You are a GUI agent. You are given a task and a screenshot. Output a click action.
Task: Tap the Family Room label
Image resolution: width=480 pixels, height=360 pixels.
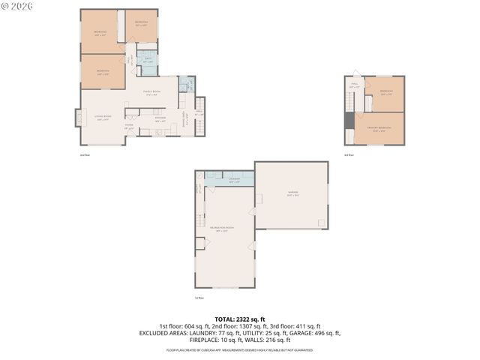[151, 94]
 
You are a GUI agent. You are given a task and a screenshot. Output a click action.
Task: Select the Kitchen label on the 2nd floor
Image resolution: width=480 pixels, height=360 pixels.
[160, 120]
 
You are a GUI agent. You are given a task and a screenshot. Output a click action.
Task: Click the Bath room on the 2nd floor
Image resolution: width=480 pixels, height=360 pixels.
[148, 62]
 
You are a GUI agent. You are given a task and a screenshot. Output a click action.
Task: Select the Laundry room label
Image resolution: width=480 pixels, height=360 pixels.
[234, 179]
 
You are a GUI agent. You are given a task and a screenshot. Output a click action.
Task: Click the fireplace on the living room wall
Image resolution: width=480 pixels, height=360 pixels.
[77, 118]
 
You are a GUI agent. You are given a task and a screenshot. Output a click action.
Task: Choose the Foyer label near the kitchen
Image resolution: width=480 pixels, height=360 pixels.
[129, 127]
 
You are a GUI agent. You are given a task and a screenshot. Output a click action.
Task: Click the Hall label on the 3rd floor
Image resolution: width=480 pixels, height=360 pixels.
[354, 87]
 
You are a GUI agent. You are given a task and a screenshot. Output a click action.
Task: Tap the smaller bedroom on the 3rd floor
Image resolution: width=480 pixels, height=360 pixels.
[387, 93]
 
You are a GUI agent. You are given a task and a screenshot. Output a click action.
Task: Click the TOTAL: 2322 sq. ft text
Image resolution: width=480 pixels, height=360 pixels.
[240, 319]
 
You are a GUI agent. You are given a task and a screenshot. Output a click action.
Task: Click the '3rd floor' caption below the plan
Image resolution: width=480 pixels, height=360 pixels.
[349, 155]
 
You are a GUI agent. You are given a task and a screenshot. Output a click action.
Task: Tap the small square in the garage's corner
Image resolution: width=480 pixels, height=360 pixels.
[322, 223]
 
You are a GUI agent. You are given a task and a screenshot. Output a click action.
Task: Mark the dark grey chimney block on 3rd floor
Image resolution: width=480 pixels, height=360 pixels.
[349, 120]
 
